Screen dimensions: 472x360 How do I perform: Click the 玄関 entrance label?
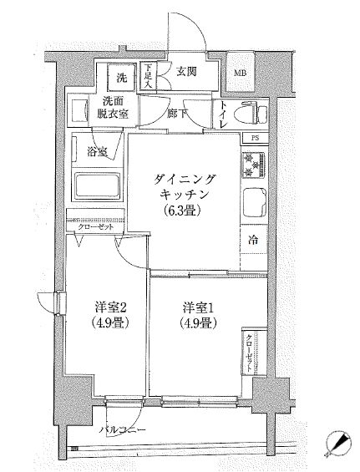click(185, 73)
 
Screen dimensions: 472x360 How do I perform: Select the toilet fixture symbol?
click(250, 113)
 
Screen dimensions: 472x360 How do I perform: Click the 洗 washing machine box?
click(122, 79)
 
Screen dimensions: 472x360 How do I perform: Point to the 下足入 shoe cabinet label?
click(147, 78)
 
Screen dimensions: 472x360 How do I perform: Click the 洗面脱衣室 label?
click(111, 109)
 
